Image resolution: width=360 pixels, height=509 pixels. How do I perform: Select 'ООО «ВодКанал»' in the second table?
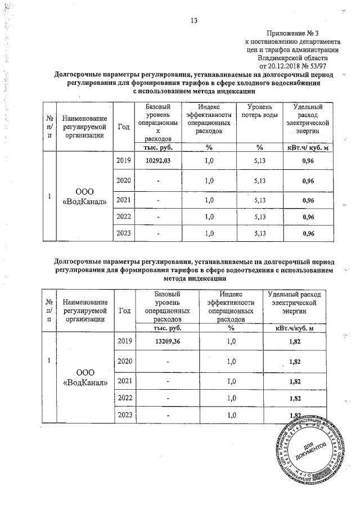tap(85, 378)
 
